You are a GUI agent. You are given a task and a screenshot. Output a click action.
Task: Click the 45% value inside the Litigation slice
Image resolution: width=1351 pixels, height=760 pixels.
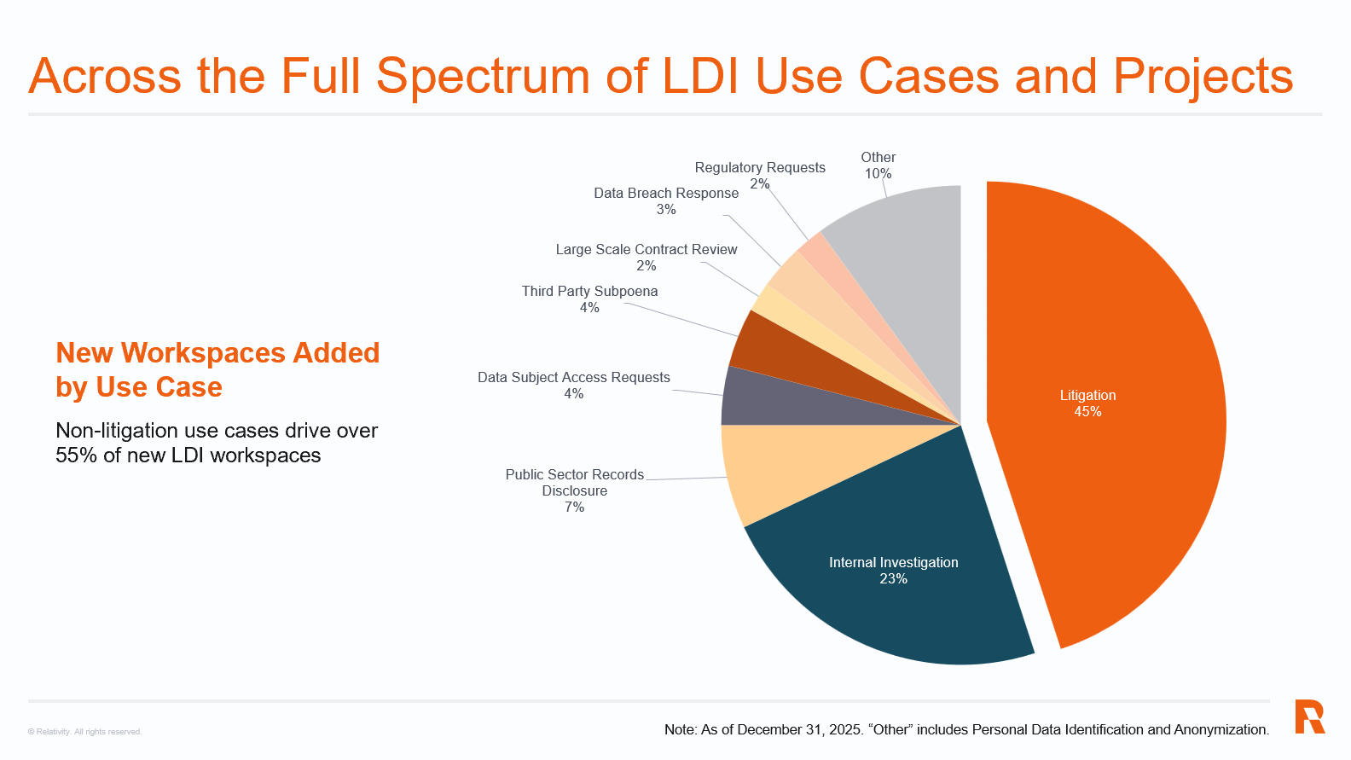(1087, 412)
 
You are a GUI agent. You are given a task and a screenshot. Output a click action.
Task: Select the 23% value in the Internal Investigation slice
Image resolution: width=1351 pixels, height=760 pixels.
(893, 579)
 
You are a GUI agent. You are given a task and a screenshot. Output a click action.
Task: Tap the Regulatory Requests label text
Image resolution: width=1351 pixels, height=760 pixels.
(759, 168)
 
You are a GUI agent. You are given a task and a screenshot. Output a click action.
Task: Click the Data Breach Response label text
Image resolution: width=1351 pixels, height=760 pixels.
(665, 194)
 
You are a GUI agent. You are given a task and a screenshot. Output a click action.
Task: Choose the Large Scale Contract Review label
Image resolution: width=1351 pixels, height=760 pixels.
(646, 250)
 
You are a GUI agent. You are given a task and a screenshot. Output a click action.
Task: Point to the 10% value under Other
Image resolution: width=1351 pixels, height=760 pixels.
(878, 174)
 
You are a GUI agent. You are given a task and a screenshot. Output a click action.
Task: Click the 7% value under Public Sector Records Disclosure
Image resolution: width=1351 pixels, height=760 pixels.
(574, 508)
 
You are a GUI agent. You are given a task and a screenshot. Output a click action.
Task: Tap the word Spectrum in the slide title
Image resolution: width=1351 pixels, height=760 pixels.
(483, 77)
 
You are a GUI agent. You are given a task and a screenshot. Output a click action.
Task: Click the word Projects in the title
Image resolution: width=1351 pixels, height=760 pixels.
(1203, 77)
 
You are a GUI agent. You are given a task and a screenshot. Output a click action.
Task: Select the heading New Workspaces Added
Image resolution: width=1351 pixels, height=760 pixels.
(217, 353)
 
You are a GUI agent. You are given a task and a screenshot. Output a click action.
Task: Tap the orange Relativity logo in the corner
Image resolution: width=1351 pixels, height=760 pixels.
(1309, 716)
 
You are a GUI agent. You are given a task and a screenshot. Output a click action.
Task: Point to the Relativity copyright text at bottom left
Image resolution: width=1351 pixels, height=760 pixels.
(84, 732)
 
